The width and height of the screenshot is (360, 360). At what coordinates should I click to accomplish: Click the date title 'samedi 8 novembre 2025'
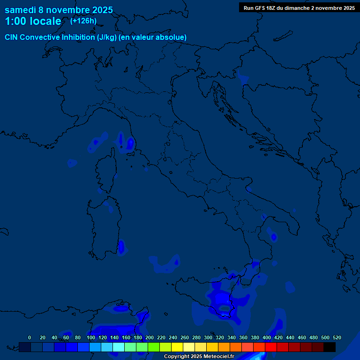(59, 10)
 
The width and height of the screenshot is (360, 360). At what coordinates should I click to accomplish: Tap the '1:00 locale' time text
(33, 21)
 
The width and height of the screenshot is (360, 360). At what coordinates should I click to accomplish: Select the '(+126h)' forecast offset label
(83, 21)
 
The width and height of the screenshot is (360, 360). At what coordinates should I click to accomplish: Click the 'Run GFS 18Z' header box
(299, 7)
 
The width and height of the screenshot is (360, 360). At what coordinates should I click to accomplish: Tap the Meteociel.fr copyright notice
(199, 357)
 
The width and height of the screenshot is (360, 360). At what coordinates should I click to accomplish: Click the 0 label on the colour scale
(30, 337)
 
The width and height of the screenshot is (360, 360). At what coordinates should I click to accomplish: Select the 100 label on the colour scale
(91, 337)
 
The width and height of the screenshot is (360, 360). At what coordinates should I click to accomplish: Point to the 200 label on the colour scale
(150, 337)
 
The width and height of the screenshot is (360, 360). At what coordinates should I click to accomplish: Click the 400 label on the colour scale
(267, 337)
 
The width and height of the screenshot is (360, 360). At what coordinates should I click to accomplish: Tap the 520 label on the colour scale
(337, 337)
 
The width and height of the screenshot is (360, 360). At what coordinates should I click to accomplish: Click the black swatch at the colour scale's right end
(330, 347)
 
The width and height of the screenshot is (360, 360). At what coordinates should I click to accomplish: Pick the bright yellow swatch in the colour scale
(177, 347)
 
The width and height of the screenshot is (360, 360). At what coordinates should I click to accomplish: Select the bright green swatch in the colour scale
(154, 347)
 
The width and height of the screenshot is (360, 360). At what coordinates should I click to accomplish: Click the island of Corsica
(106, 171)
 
